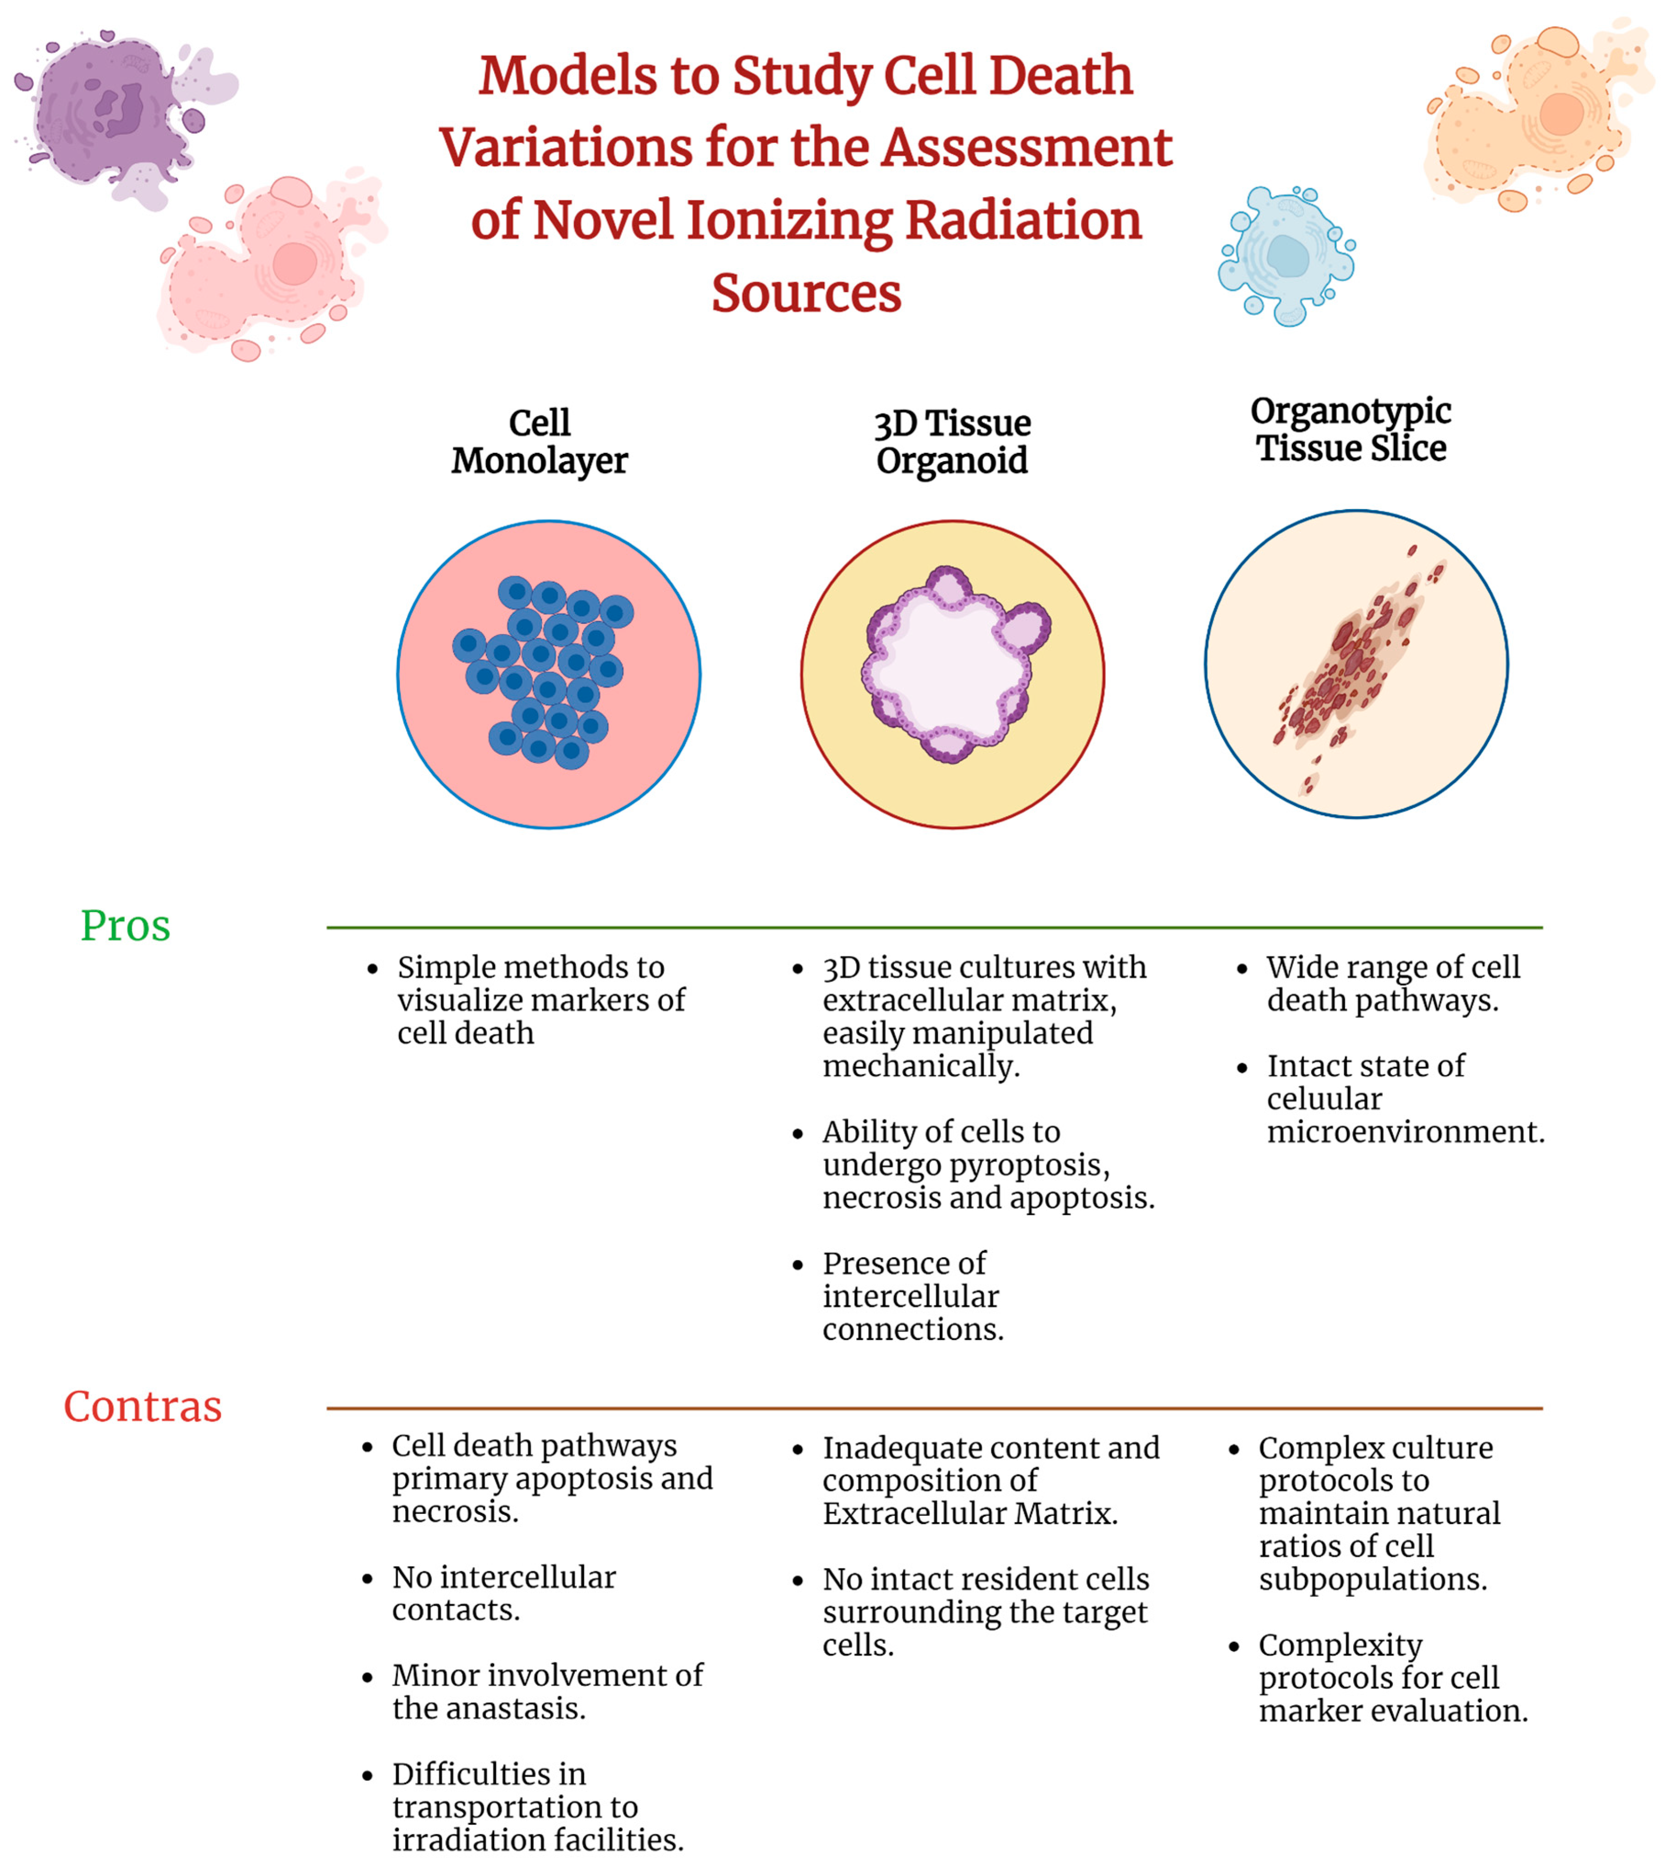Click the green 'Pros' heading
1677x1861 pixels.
click(125, 925)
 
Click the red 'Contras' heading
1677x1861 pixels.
click(143, 1407)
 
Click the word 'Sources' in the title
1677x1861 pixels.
click(805, 293)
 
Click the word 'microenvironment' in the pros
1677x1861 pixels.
click(1404, 1132)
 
